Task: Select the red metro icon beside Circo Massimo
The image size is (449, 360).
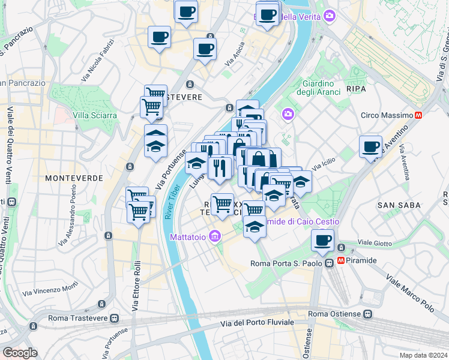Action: pos(419,115)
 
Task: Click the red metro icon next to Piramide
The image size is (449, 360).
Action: pos(341,260)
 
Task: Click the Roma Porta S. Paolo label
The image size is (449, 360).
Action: pos(284,263)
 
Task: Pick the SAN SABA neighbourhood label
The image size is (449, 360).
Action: pos(397,205)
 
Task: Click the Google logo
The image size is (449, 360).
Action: pos(20,353)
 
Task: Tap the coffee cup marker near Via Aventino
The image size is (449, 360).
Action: pos(370,146)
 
